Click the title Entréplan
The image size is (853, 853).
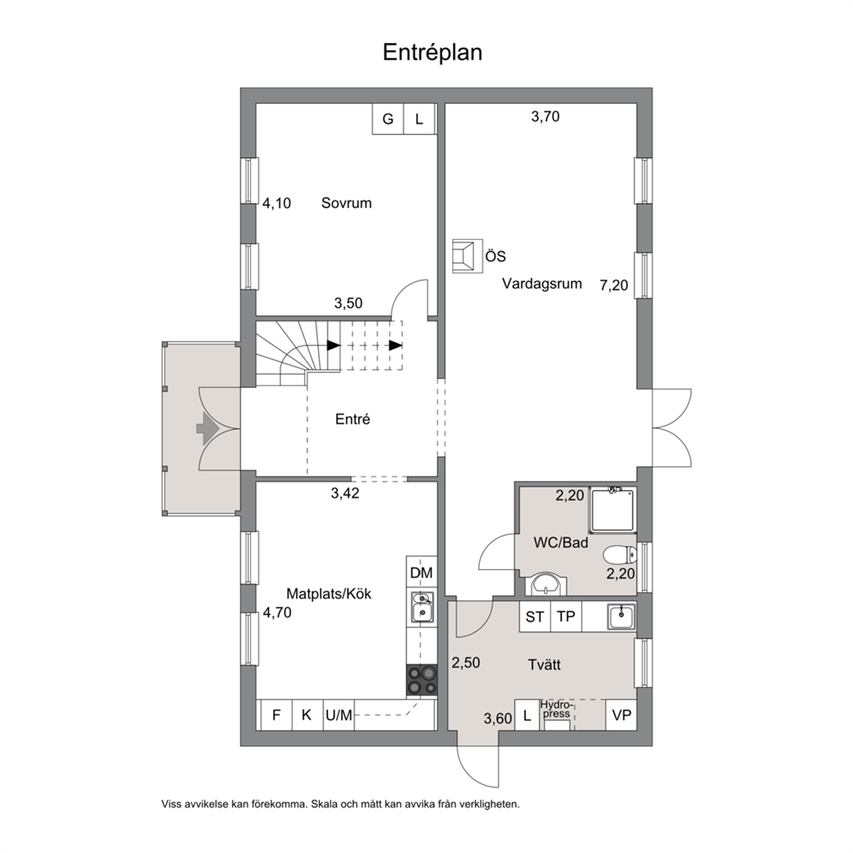[x=433, y=52]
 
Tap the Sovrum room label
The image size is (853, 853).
[x=347, y=203]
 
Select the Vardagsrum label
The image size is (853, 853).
[x=542, y=284]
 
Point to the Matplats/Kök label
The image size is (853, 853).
[x=328, y=593]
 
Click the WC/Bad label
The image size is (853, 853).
[x=561, y=543]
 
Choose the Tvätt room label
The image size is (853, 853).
[x=544, y=664]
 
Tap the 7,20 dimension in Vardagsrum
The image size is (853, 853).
[x=614, y=285]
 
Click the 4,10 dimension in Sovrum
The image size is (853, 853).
[x=277, y=204]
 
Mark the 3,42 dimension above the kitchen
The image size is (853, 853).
[x=346, y=494]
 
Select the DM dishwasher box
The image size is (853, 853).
[x=421, y=573]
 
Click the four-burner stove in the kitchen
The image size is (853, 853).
[x=421, y=679]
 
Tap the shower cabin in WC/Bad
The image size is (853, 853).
[x=612, y=510]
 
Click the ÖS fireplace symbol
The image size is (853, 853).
[x=467, y=255]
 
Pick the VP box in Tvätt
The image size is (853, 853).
[x=621, y=715]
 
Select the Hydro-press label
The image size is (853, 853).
[x=555, y=709]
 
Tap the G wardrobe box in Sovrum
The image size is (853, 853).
[x=388, y=119]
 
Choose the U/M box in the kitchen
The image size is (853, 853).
[x=339, y=715]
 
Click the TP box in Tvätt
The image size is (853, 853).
[x=567, y=617]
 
